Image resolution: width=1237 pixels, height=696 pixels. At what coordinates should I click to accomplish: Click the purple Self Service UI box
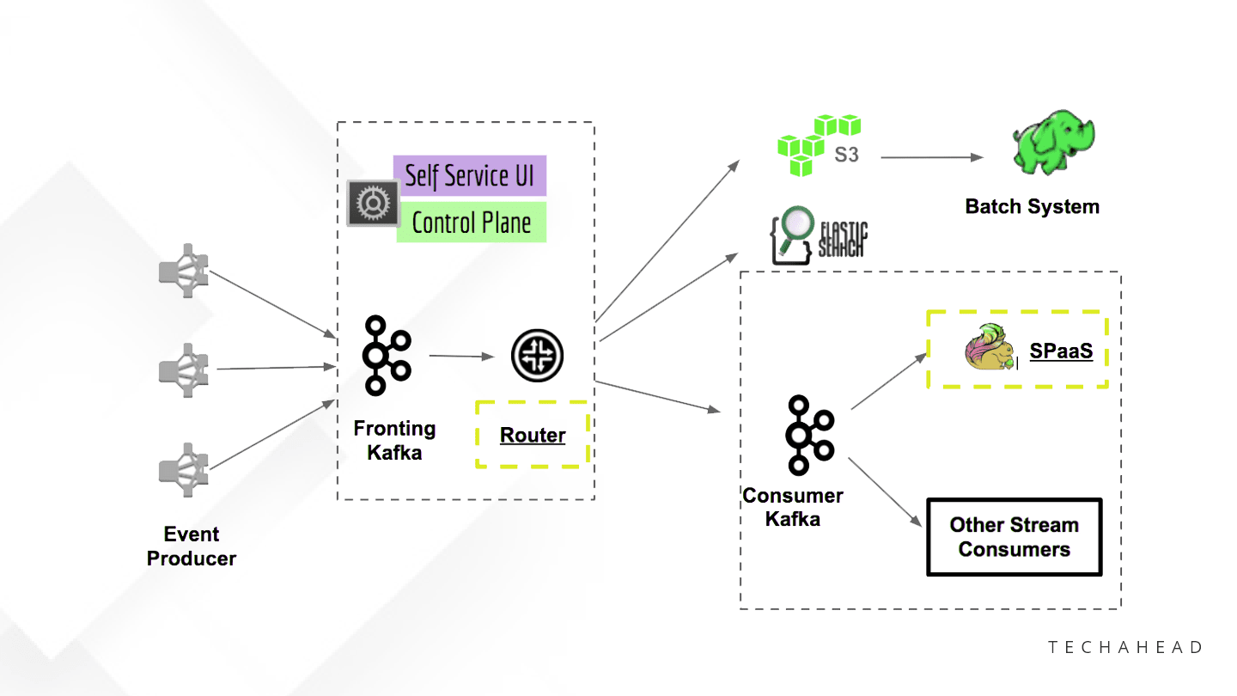(469, 176)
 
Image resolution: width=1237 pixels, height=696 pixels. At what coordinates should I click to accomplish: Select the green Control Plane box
(471, 223)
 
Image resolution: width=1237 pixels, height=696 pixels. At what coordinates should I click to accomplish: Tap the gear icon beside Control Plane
(373, 204)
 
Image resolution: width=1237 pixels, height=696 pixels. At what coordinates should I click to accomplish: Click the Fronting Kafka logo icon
(385, 355)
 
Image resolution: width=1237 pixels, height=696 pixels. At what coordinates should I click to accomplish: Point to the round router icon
(537, 356)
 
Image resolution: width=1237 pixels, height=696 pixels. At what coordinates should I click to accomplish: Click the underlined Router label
(533, 436)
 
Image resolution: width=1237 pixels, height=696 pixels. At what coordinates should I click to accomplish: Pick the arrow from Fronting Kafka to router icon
(461, 355)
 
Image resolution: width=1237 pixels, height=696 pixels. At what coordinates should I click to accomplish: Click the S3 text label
(847, 156)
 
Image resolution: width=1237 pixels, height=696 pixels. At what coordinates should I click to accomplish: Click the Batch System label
(1032, 206)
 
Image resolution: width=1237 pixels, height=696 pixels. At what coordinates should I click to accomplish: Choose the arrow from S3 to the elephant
(931, 157)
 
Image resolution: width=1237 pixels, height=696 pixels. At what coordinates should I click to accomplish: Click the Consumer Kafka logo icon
(808, 435)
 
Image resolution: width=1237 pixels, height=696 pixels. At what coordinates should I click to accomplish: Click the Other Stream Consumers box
(1014, 537)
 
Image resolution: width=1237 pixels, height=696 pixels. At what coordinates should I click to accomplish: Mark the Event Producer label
(191, 546)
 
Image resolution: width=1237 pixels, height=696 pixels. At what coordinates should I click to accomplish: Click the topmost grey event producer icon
(184, 271)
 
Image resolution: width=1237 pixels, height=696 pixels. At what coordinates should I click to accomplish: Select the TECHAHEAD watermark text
(1125, 647)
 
